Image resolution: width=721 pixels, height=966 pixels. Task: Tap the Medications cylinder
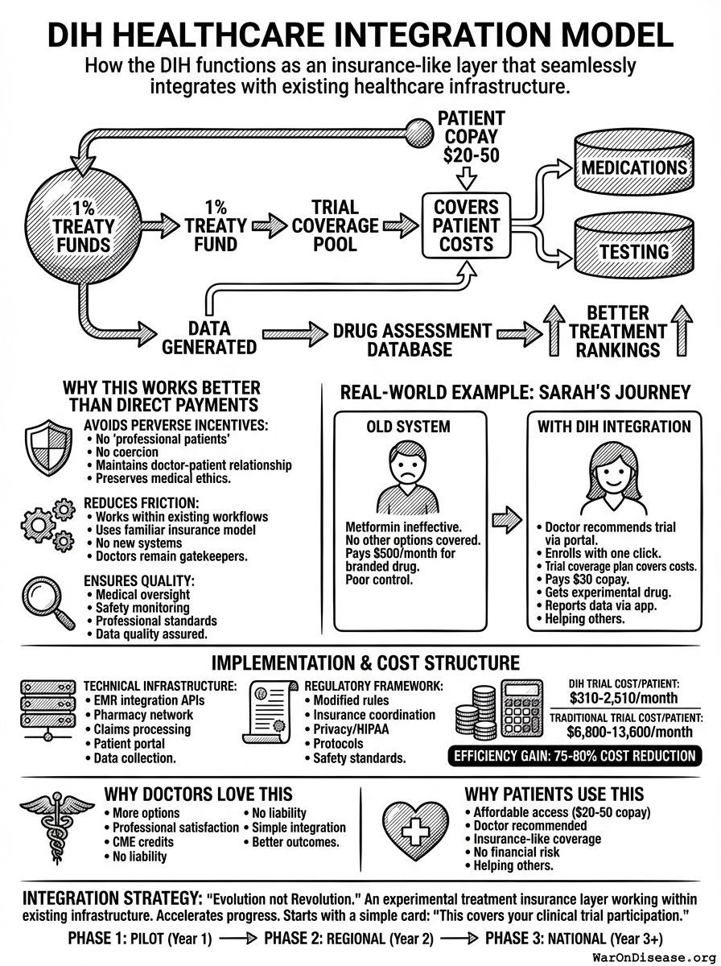[634, 166]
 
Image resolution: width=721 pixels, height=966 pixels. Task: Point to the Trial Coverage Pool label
[334, 226]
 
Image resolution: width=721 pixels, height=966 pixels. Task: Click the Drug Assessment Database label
[411, 340]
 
